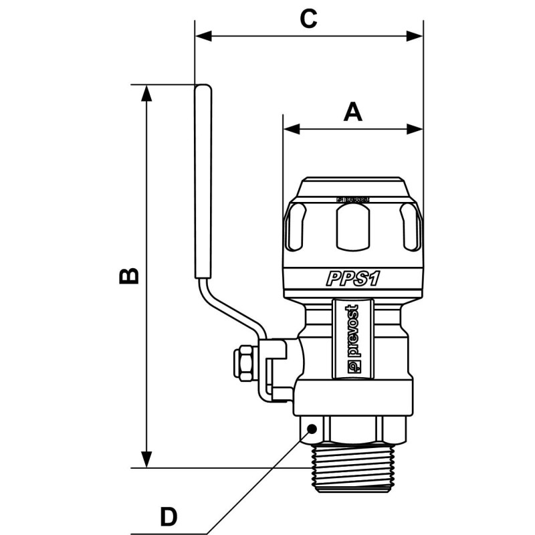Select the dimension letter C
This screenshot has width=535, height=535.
tap(308, 19)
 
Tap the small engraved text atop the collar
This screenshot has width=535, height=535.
tap(352, 199)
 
